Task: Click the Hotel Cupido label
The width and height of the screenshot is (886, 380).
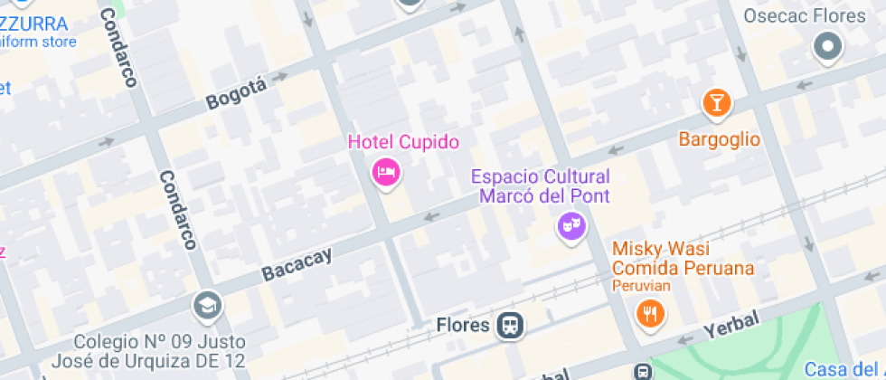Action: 404,142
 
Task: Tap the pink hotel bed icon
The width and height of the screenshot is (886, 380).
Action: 387,172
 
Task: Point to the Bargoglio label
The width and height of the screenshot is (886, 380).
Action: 720,139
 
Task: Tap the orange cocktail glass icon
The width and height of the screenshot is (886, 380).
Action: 718,103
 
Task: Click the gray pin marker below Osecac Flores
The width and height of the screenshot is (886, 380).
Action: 827,47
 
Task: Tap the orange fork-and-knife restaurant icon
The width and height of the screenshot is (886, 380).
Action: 650,314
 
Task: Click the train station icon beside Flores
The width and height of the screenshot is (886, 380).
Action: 510,325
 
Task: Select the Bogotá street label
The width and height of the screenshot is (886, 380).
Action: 237,93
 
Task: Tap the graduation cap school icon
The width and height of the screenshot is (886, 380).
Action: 207,306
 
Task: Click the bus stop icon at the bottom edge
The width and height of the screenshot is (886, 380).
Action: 643,372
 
